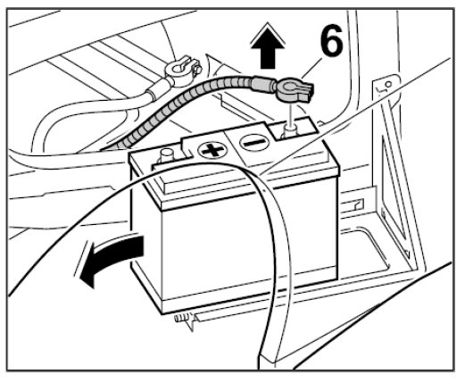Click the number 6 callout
pyautogui.click(x=331, y=40)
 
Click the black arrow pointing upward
pyautogui.click(x=268, y=46)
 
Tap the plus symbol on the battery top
pyautogui.click(x=212, y=150)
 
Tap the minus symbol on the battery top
pyautogui.click(x=254, y=143)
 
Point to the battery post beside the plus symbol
pyautogui.click(x=167, y=155)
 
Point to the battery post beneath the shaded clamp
pyautogui.click(x=290, y=130)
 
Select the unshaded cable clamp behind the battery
pyautogui.click(x=181, y=69)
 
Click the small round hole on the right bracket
pyautogui.click(x=388, y=84)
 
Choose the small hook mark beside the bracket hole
pyautogui.click(x=380, y=88)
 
